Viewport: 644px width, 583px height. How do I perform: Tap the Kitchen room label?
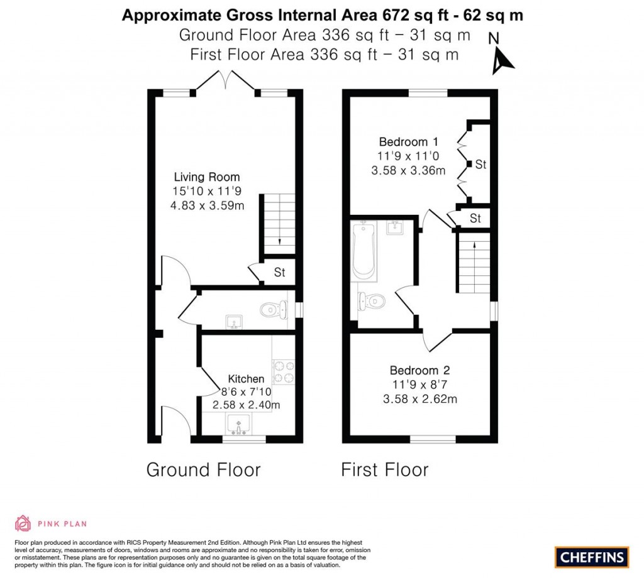point(246,379)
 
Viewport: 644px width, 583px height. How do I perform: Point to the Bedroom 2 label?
point(419,371)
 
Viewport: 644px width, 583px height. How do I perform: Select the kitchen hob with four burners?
point(284,371)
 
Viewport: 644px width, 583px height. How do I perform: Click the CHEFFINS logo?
point(592,557)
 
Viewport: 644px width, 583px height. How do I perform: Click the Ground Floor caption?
point(203,469)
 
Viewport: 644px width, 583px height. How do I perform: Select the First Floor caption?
point(385,469)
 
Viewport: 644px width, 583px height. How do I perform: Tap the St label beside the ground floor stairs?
point(279,273)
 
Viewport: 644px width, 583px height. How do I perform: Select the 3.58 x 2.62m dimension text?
point(419,398)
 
